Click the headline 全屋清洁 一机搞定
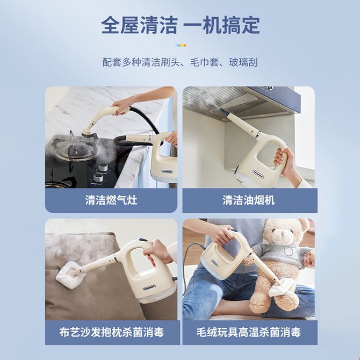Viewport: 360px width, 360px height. pos(181,25)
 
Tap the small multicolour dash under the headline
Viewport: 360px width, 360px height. pos(180,46)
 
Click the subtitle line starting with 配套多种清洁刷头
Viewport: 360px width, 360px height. pos(180,62)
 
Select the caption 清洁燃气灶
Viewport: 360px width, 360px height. pos(111,200)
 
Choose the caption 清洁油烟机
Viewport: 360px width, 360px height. pos(248,200)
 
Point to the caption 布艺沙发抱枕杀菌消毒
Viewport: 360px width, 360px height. pos(111,332)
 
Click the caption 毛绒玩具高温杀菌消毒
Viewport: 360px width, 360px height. pos(248,332)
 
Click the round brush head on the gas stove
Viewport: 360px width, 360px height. pos(88,134)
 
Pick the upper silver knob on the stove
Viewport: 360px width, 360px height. pos(103,167)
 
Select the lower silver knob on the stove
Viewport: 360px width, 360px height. pos(98,177)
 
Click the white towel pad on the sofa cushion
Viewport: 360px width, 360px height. pos(68,272)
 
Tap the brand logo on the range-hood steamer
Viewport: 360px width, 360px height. pos(258,172)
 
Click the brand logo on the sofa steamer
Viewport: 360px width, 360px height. pos(149,287)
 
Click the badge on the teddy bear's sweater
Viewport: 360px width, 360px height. pos(288,251)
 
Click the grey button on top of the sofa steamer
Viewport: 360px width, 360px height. pos(143,240)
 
